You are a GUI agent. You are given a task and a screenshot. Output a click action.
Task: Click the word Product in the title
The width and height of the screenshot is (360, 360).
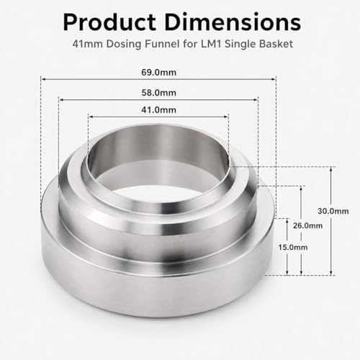click(109, 22)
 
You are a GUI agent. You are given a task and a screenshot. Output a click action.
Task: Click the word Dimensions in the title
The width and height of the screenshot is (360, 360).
click(233, 22)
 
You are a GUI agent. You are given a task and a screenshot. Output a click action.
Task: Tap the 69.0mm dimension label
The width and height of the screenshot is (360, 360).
click(158, 73)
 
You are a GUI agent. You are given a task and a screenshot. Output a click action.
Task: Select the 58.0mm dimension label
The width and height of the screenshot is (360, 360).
click(158, 93)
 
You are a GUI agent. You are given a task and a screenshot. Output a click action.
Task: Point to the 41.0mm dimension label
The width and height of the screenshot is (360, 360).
click(158, 110)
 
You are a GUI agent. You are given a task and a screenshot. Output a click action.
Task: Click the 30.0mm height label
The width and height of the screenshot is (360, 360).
click(333, 211)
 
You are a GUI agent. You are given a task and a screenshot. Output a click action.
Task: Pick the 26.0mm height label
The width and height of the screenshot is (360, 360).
click(307, 225)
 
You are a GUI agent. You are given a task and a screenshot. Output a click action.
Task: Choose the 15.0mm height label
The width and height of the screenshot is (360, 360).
click(293, 247)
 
